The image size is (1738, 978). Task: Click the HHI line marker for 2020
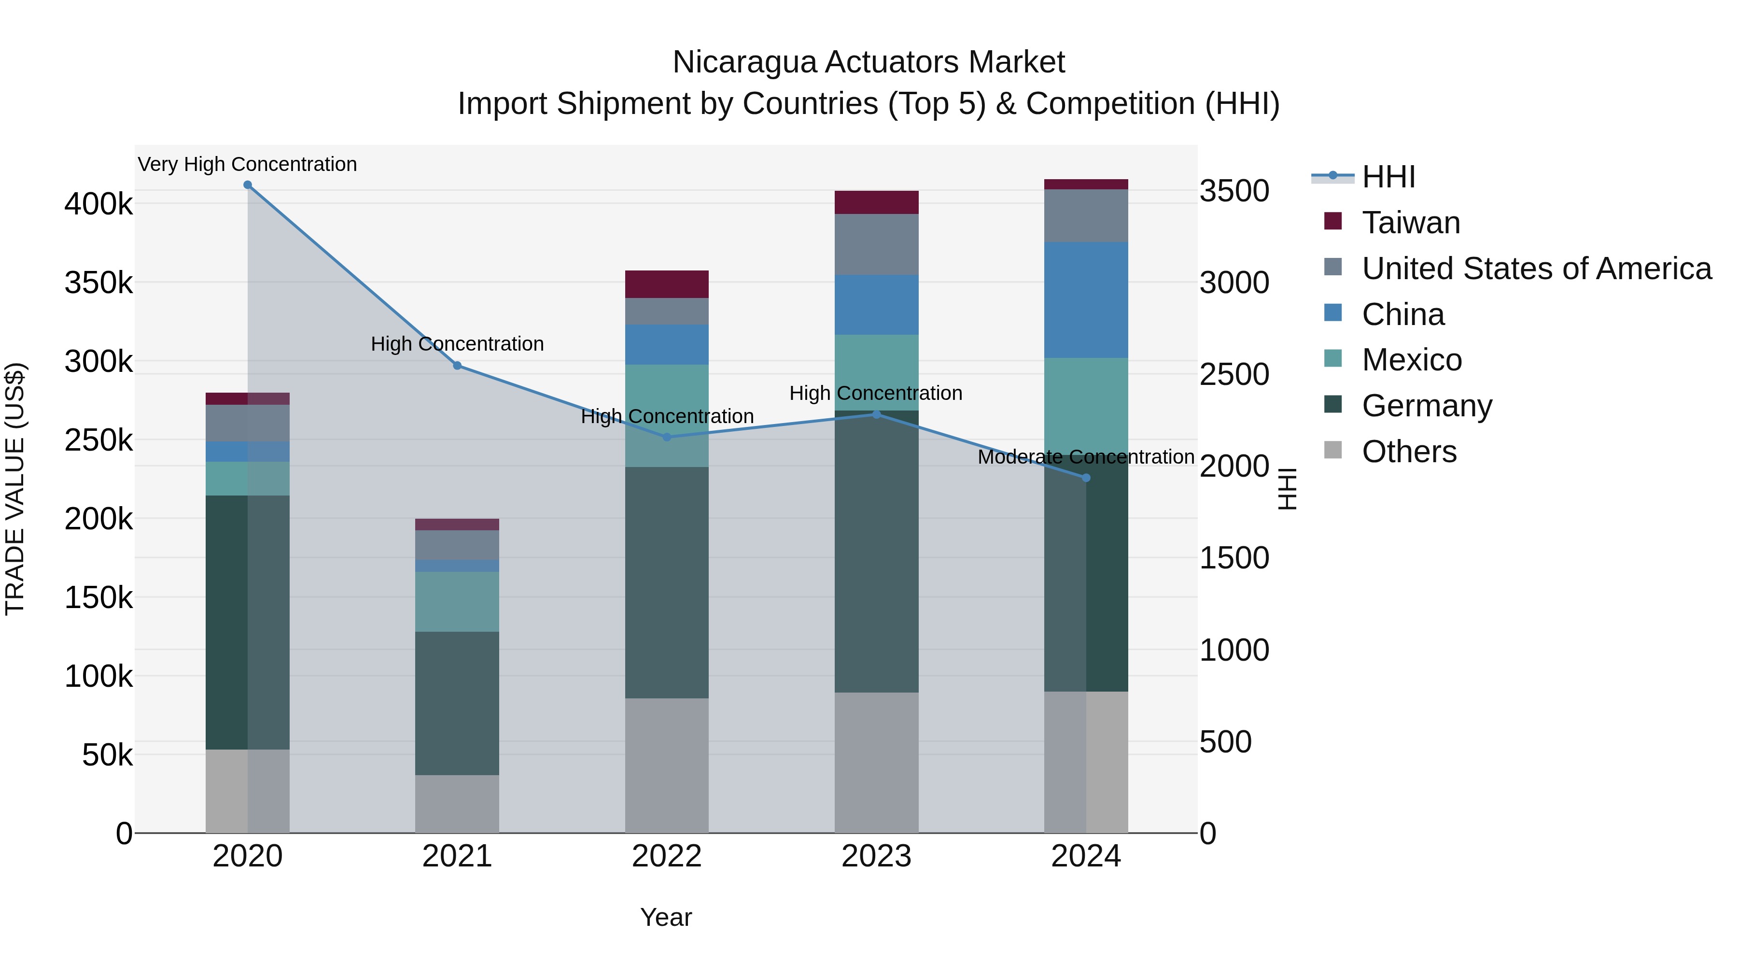point(248,185)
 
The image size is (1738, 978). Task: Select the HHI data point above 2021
point(458,366)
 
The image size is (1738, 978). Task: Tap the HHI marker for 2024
point(1086,478)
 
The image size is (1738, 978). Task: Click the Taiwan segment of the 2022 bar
point(667,284)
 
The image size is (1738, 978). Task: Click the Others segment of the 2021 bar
point(458,803)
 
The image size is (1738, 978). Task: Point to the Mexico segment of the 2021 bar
point(458,601)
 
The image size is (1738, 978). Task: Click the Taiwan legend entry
point(1411,223)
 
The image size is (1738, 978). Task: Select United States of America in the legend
point(1536,269)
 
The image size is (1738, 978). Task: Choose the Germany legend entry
point(1426,406)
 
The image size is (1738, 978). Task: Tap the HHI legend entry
point(1388,177)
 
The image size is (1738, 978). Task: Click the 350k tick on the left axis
point(98,283)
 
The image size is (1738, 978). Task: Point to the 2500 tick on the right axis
point(1234,375)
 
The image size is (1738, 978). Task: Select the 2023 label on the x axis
point(876,856)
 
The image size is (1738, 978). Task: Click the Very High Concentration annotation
point(248,164)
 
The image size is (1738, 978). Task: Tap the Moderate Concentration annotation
point(1086,457)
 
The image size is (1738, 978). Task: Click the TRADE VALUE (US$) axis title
point(15,489)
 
